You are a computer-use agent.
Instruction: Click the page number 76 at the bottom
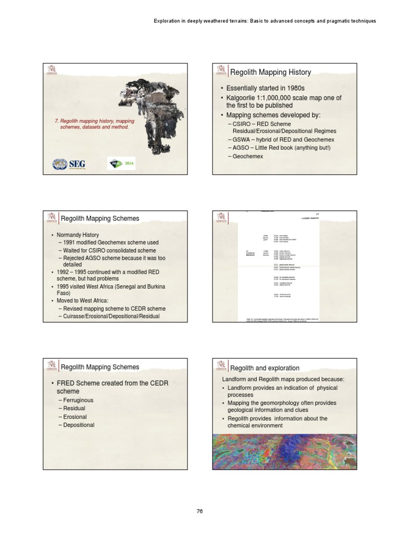tap(199, 511)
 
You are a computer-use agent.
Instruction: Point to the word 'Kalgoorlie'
tap(242, 98)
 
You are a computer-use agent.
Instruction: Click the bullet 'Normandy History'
tap(78, 235)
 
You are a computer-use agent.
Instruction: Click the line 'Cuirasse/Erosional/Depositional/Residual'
tap(111, 316)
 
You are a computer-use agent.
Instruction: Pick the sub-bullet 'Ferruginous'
tap(79, 400)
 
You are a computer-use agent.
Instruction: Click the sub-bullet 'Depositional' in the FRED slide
tap(79, 425)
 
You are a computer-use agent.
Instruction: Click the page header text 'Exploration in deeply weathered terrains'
tap(265, 21)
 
